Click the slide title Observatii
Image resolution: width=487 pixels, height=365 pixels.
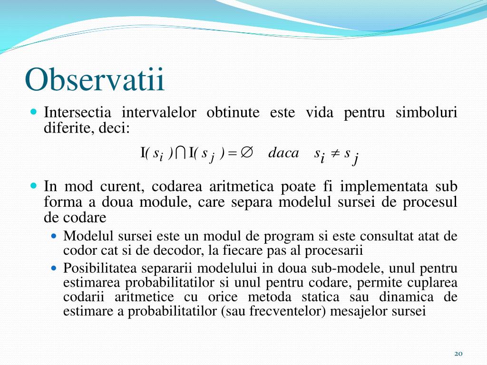coord(95,79)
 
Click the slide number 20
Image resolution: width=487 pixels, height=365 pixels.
coord(458,354)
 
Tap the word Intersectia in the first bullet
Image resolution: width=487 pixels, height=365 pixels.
coord(78,113)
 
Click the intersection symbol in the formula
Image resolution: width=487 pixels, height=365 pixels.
coord(180,153)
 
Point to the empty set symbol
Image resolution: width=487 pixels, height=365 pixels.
coord(246,153)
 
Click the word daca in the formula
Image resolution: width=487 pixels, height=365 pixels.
coord(283,153)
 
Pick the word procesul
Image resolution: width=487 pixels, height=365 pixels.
coord(430,202)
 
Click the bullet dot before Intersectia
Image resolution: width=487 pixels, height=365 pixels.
coord(33,113)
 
